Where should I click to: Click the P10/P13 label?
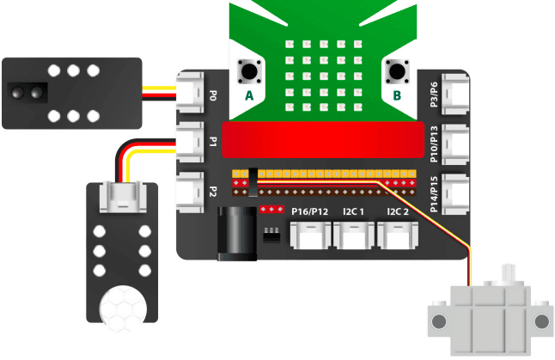[436, 143]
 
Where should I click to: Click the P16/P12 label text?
[310, 212]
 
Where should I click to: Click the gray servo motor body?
[490, 319]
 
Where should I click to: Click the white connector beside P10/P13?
[456, 143]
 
